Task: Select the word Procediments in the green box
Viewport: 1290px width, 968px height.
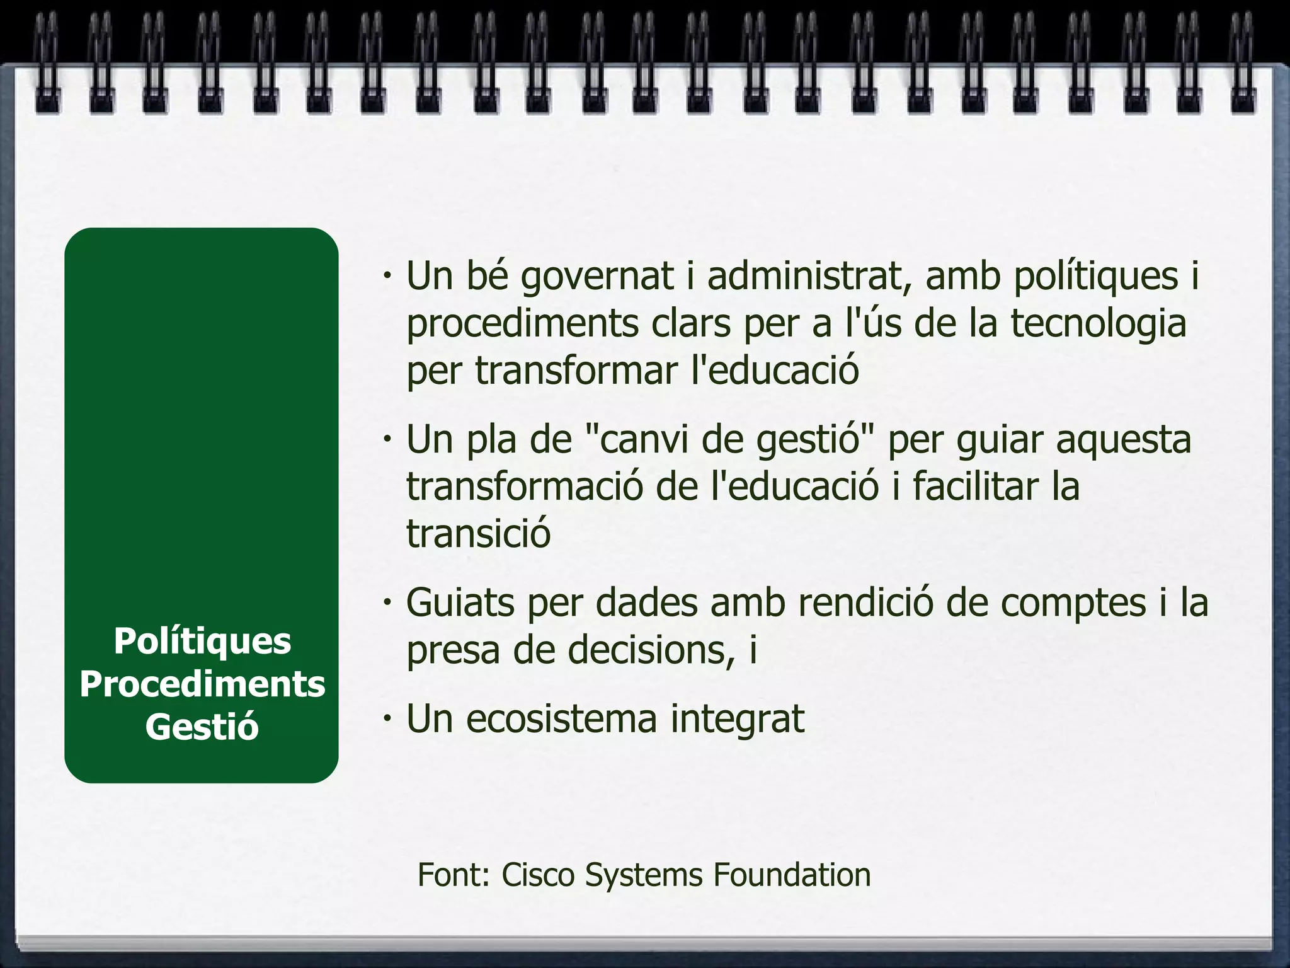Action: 202,684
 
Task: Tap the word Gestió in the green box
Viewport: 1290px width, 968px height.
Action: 202,727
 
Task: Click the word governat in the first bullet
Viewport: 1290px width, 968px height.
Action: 597,277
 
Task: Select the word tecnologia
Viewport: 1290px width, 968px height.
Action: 1099,324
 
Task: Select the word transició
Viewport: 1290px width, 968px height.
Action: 479,533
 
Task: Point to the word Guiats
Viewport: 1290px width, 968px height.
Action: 462,603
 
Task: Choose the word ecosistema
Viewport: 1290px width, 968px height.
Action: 561,719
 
